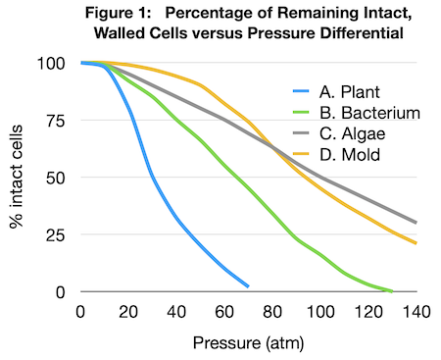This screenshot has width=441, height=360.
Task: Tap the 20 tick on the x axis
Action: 127,311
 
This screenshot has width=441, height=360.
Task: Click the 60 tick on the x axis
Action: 224,311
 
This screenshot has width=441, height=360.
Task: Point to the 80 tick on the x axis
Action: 272,311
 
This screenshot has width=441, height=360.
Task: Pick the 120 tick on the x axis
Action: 368,311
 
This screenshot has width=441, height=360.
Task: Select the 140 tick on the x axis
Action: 416,311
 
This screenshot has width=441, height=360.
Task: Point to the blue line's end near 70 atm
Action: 248,286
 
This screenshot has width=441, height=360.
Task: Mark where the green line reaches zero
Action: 392,291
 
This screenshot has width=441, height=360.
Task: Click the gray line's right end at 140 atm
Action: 416,223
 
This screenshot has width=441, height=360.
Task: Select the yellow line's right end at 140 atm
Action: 416,243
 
